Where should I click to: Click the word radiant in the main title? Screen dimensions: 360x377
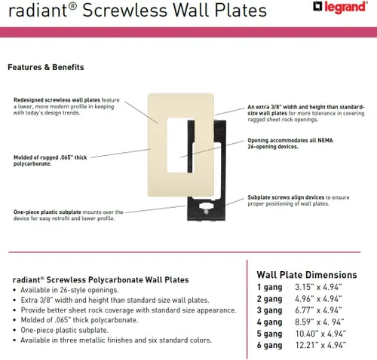coord(37,11)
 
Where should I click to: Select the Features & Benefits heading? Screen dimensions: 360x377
coord(45,67)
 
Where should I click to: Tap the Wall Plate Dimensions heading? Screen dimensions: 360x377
coord(307,275)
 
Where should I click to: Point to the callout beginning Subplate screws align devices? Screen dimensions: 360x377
coord(298,201)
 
